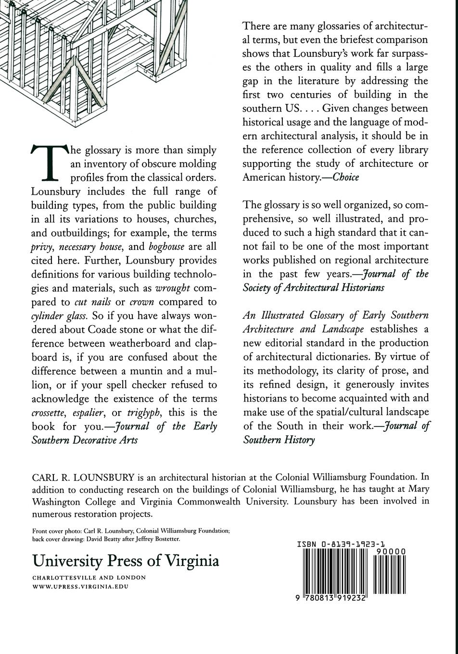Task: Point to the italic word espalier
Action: [89, 413]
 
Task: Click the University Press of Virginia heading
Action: [126, 561]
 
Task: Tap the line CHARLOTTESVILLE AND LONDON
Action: [89, 578]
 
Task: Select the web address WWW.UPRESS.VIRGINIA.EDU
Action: [80, 587]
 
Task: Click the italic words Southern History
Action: [279, 440]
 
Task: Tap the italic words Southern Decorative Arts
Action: [85, 440]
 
